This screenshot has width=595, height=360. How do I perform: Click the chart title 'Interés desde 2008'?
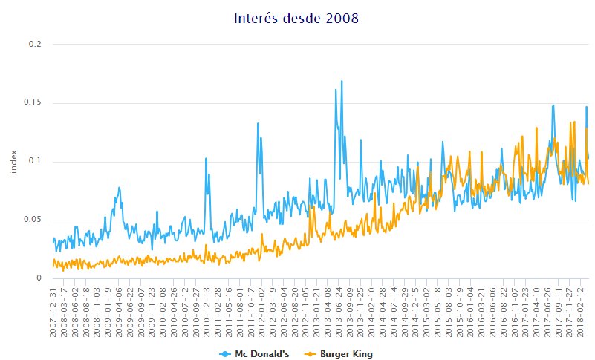[297, 18]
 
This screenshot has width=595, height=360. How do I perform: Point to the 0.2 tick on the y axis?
[36, 45]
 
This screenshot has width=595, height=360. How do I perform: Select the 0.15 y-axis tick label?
[33, 102]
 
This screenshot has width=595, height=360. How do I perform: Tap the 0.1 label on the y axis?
[36, 161]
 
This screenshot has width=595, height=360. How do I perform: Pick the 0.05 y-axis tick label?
[33, 220]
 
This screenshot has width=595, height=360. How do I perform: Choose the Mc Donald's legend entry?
[253, 354]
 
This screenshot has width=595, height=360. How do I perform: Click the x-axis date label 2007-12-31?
[54, 312]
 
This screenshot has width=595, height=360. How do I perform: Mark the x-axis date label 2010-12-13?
[207, 312]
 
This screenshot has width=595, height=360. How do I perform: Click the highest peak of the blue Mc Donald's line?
[342, 81]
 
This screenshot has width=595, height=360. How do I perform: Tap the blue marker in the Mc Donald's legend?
[224, 354]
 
